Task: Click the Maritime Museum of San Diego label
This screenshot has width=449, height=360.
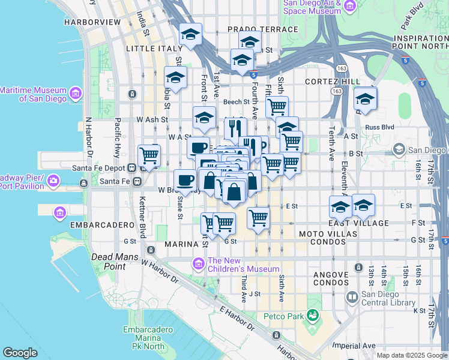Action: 34,94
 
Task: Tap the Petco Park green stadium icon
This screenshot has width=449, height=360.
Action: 312,315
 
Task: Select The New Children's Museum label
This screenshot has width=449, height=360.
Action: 243,265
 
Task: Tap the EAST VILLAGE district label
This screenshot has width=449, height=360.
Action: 359,223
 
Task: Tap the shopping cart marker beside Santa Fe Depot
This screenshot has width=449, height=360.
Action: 149,156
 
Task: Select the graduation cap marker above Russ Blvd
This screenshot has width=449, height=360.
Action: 365,100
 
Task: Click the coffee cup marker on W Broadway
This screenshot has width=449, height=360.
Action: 185,179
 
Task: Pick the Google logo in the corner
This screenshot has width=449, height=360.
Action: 20,353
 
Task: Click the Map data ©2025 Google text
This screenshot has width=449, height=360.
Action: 411,355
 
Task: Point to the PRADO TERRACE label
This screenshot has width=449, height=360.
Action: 262,29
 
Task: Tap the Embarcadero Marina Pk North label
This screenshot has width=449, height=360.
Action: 143,338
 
